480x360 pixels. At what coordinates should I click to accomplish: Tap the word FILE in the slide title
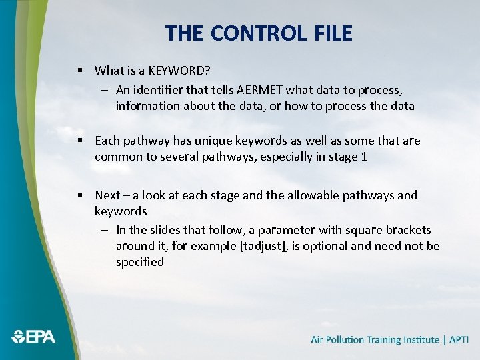pyautogui.click(x=330, y=33)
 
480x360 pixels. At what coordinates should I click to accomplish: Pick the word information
pyautogui.click(x=148, y=105)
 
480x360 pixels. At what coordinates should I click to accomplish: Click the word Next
pyautogui.click(x=107, y=195)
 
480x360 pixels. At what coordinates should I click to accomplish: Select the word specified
pyautogui.click(x=140, y=262)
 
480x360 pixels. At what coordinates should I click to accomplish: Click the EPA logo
pyautogui.click(x=33, y=337)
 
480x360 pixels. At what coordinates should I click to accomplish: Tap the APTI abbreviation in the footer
pyautogui.click(x=459, y=339)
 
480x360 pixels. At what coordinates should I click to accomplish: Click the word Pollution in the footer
pyautogui.click(x=347, y=339)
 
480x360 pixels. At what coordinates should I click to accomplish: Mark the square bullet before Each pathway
pyautogui.click(x=79, y=141)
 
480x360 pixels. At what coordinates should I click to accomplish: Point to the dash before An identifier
pyautogui.click(x=106, y=89)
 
